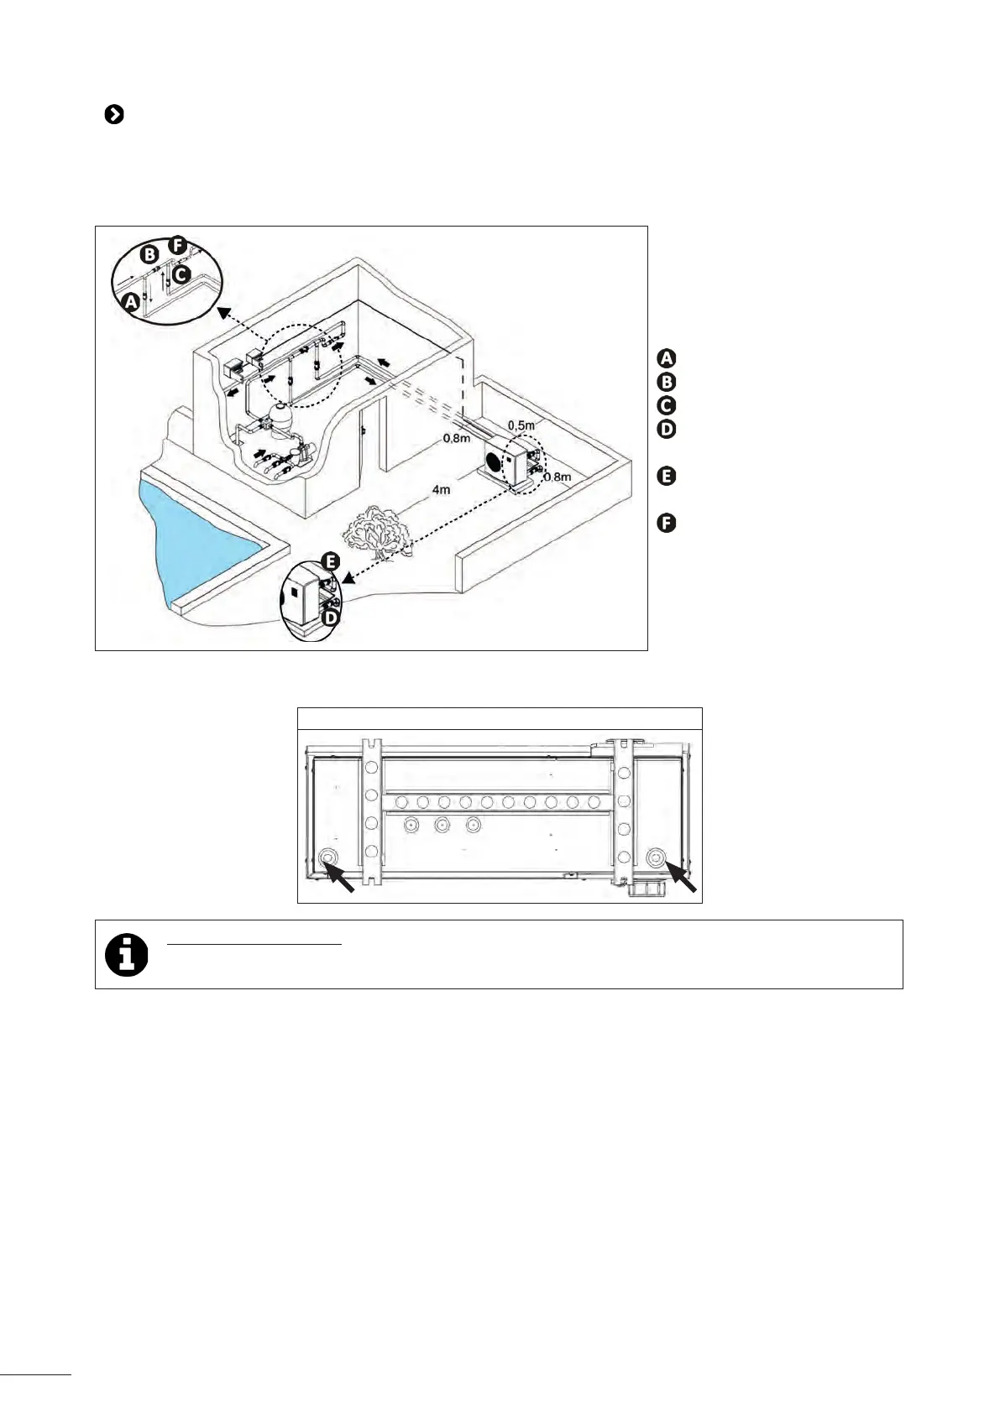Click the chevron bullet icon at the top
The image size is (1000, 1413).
(x=114, y=115)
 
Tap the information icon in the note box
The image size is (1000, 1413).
(x=127, y=954)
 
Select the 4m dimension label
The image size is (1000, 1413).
(x=441, y=489)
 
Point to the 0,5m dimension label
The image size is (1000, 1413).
(x=521, y=425)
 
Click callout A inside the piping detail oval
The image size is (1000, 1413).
(x=130, y=301)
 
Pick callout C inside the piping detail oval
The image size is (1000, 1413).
(x=182, y=273)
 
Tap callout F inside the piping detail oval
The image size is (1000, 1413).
(x=177, y=245)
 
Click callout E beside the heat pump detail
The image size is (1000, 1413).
(x=332, y=561)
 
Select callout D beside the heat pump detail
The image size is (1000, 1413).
(x=332, y=617)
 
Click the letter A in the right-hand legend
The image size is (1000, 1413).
(x=665, y=358)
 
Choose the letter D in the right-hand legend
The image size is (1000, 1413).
(x=665, y=430)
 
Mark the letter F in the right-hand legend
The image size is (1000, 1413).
(x=665, y=524)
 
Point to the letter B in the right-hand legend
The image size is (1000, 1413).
(x=665, y=382)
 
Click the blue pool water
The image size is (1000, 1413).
(x=193, y=537)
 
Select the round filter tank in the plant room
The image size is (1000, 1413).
(x=282, y=415)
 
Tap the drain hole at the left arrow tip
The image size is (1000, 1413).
(x=327, y=858)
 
